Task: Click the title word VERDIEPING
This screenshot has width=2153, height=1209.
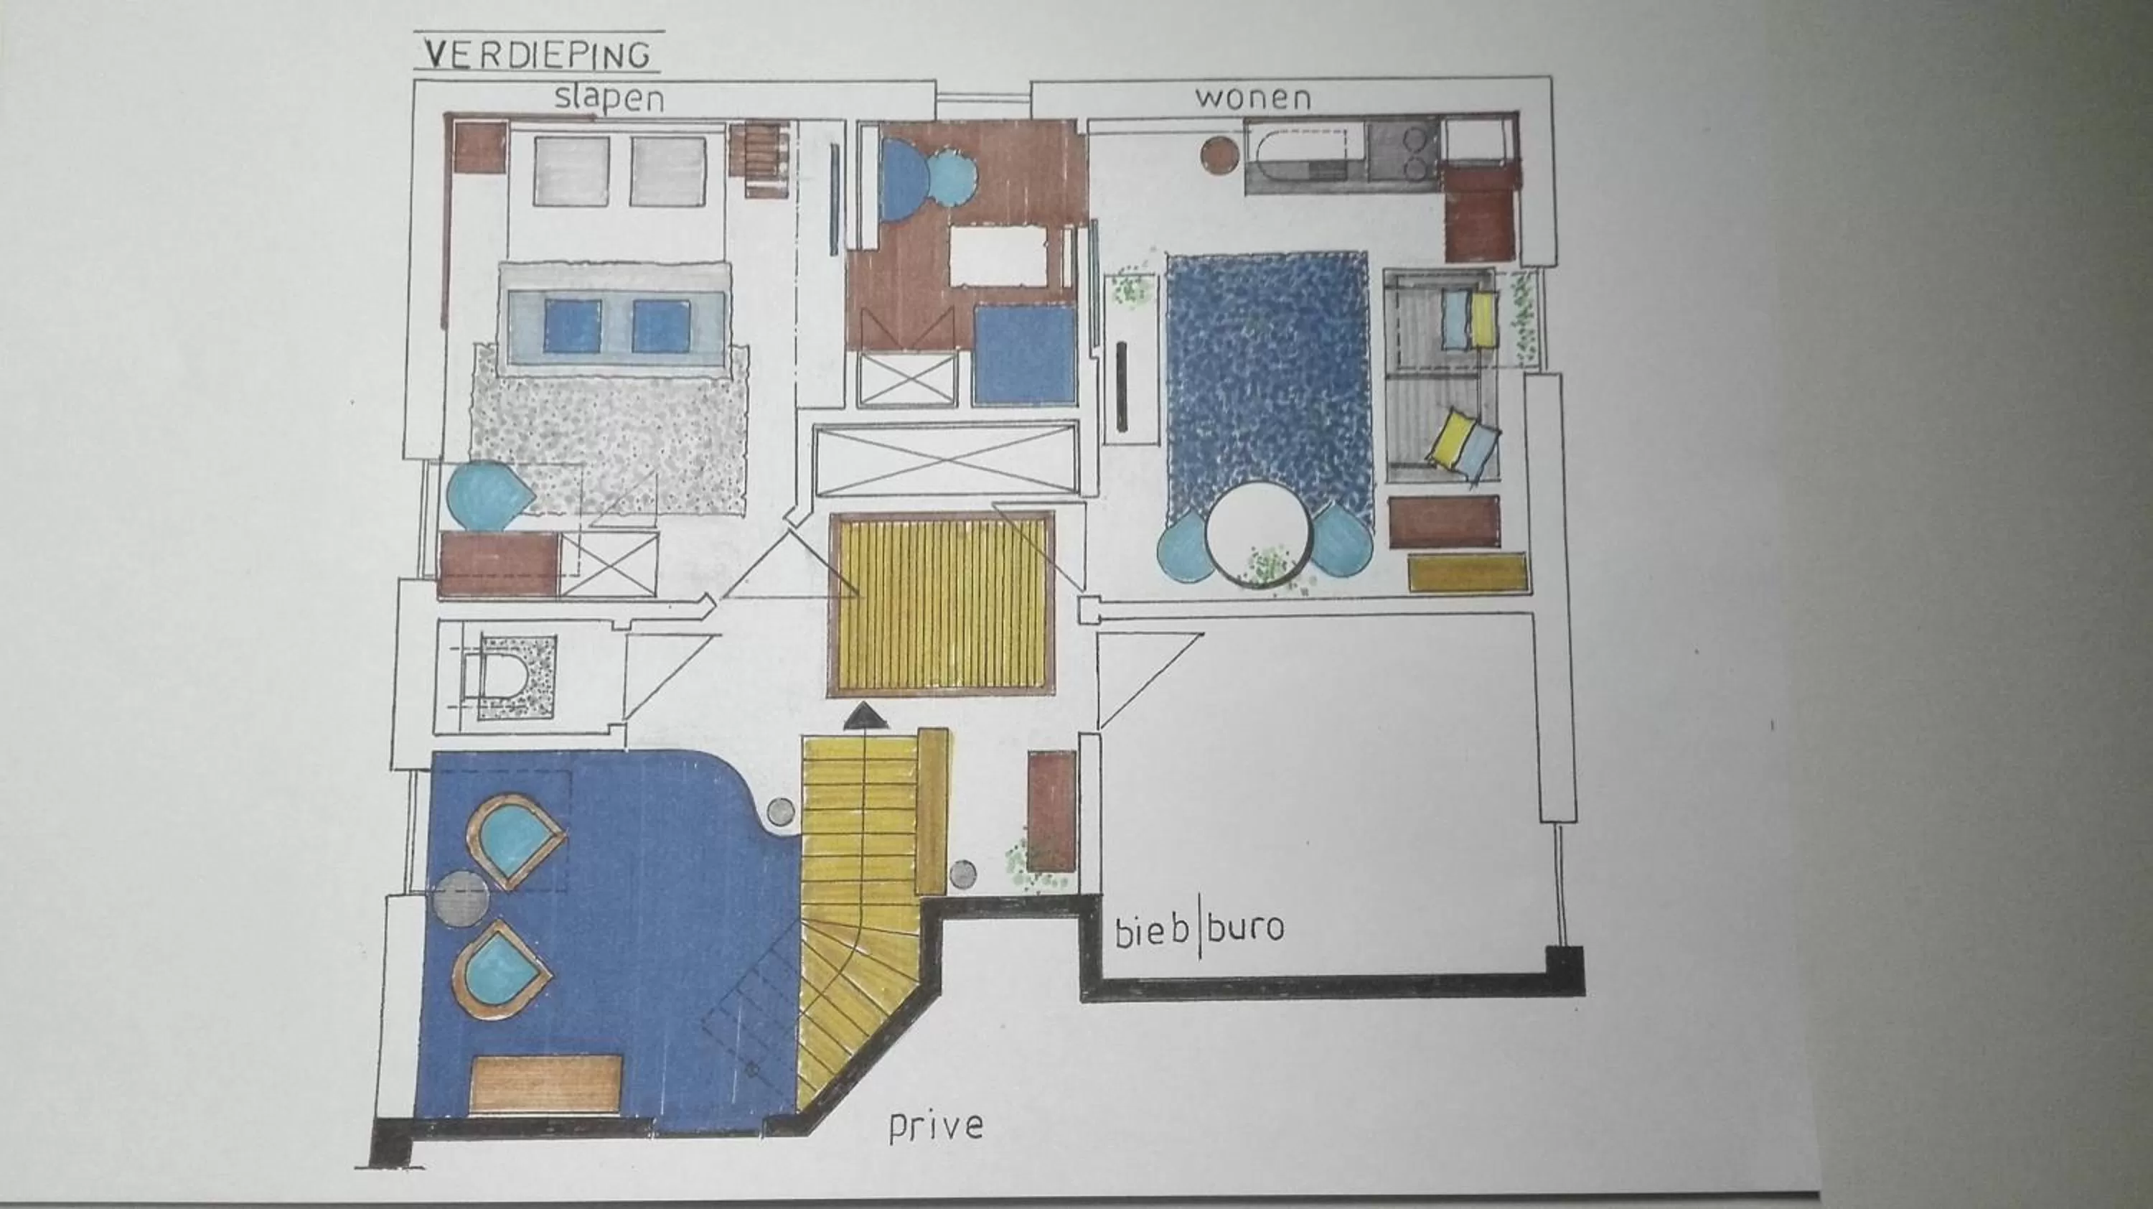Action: (x=537, y=55)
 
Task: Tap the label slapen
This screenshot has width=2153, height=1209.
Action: (x=609, y=98)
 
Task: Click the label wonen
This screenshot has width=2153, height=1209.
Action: (x=1252, y=98)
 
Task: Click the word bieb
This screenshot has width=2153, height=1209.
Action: (x=1152, y=930)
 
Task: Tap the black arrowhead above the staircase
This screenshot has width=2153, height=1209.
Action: (x=862, y=716)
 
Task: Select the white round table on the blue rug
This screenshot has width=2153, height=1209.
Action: (x=1258, y=535)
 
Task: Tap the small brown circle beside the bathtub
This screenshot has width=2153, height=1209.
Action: (x=1219, y=156)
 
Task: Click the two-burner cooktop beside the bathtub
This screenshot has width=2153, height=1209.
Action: (x=1402, y=151)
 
